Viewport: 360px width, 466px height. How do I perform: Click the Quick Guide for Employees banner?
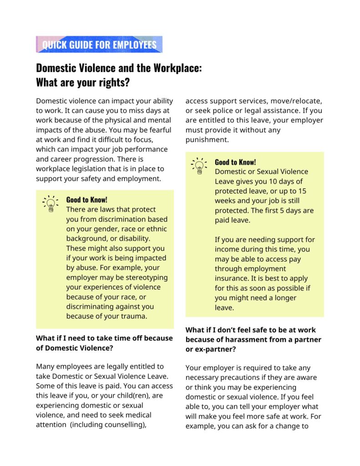(99, 45)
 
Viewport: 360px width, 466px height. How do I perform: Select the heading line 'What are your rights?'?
(83, 83)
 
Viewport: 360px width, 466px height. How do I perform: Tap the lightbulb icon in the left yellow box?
(51, 203)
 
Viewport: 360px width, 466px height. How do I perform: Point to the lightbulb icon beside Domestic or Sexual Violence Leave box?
(199, 166)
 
